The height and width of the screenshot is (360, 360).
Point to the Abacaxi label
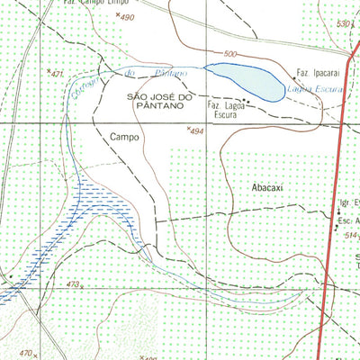pos(268,189)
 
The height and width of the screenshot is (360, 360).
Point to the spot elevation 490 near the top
pos(125,18)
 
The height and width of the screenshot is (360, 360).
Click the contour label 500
pos(230,55)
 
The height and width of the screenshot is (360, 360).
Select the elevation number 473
pos(74,283)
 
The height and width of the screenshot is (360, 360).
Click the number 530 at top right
pos(341,24)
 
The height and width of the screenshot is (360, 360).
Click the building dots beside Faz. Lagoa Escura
pos(246,102)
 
